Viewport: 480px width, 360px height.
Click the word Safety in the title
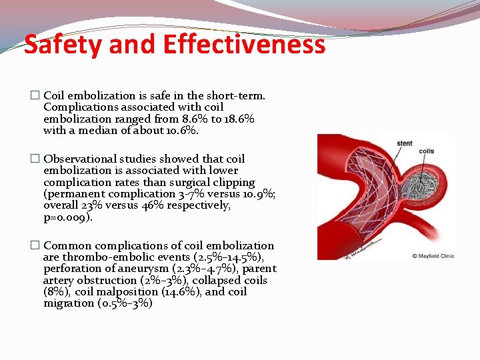point(61,45)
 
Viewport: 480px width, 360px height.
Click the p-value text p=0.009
point(68,217)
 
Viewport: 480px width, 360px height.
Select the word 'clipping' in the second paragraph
point(231,182)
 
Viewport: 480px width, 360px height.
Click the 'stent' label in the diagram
point(404,143)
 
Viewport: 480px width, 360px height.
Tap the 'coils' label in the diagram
point(427,151)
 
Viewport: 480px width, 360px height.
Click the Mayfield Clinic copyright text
point(433,255)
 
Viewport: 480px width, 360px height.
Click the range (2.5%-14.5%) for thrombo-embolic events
point(231,257)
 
